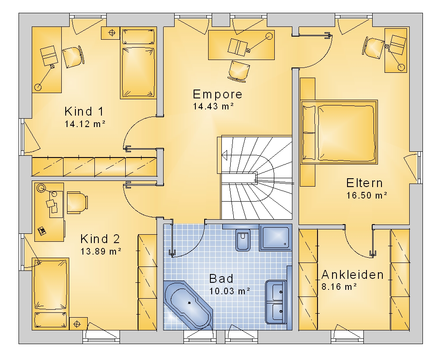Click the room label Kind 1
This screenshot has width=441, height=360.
(x=84, y=112)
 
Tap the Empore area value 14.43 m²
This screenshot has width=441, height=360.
(x=213, y=106)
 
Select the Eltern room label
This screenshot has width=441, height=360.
(x=365, y=183)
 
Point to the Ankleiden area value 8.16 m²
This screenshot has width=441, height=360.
(x=339, y=287)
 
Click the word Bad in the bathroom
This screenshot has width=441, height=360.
(x=221, y=279)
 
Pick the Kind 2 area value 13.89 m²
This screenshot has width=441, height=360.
(x=101, y=251)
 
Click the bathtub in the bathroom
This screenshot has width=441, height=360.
(x=188, y=304)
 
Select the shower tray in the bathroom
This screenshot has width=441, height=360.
(x=276, y=237)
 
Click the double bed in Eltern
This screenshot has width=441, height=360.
(x=339, y=132)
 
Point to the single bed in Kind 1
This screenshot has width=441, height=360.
(x=138, y=63)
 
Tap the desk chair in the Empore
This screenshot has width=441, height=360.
(x=239, y=71)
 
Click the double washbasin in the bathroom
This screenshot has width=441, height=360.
(x=276, y=301)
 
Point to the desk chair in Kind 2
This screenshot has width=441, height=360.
(x=77, y=202)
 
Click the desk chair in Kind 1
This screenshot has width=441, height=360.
(x=73, y=57)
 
